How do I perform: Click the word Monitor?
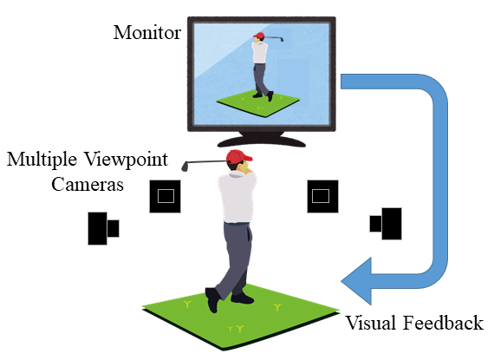click(x=147, y=32)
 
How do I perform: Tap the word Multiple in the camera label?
click(x=42, y=160)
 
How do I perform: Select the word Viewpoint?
click(x=127, y=160)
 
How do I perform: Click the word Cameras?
click(x=88, y=184)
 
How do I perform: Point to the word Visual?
click(x=371, y=323)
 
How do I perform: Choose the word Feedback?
click(x=443, y=323)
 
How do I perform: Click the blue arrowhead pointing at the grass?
click(x=357, y=281)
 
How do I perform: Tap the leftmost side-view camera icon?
click(x=103, y=228)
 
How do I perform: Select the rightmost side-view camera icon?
click(x=386, y=224)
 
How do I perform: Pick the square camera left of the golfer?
click(x=165, y=196)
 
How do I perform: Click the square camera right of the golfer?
click(x=322, y=196)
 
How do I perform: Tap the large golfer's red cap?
click(x=238, y=156)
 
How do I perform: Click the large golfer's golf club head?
click(x=185, y=167)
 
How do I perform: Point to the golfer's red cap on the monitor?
click(x=259, y=36)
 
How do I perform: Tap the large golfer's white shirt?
click(x=237, y=197)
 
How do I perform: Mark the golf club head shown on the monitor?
click(x=282, y=39)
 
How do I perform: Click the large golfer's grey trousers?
click(x=235, y=259)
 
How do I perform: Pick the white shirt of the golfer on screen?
click(x=260, y=52)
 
